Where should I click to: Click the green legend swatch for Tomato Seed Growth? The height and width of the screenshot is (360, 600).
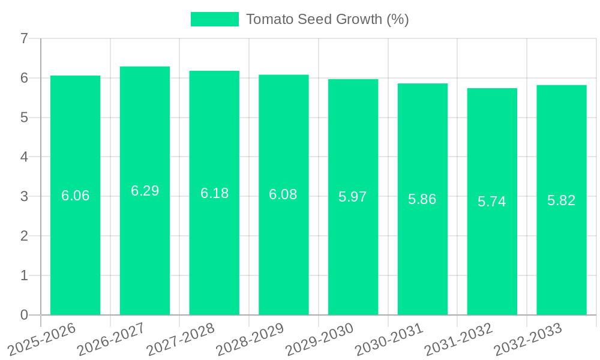(214, 19)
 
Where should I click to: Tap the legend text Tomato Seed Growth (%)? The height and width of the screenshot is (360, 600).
(327, 19)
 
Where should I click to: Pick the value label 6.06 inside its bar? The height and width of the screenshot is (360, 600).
(76, 196)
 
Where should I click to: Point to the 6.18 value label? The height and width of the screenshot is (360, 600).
(214, 193)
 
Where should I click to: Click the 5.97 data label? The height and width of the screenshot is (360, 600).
(353, 197)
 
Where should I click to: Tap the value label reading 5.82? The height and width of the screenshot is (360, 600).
(561, 200)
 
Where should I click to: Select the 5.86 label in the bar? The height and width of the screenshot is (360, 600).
(422, 199)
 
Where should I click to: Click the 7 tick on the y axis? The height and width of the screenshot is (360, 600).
(24, 38)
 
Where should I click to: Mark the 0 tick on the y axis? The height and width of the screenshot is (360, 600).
(24, 315)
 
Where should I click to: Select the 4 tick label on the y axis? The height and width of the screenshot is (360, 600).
(24, 157)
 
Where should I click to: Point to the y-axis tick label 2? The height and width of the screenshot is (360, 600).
(24, 236)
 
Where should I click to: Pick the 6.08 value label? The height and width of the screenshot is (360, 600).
(283, 194)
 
